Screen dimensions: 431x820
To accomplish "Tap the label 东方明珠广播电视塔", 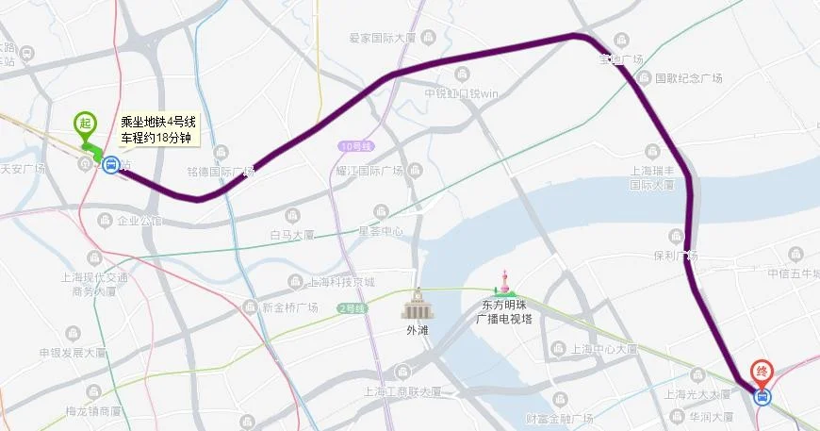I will tap(507, 312).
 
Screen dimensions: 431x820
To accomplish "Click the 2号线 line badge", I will tap(351, 307).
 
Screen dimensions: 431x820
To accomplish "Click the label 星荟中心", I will tap(381, 230).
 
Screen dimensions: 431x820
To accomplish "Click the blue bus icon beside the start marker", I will tap(110, 165).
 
